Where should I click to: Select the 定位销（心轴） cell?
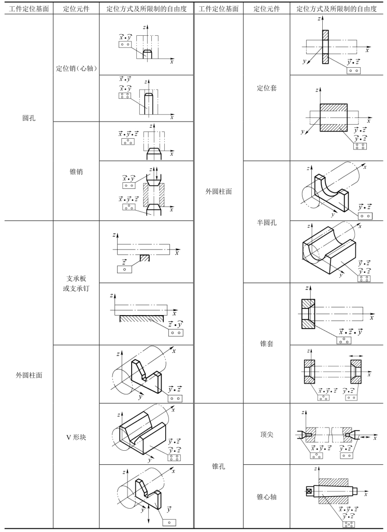(77, 68)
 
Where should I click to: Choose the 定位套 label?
(266, 88)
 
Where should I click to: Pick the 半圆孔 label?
(266, 223)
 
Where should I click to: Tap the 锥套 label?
(266, 343)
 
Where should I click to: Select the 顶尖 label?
(266, 434)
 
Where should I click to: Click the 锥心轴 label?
(266, 496)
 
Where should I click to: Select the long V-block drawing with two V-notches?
(142, 431)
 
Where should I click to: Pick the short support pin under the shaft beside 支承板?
(145, 257)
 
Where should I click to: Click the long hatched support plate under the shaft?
(142, 317)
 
